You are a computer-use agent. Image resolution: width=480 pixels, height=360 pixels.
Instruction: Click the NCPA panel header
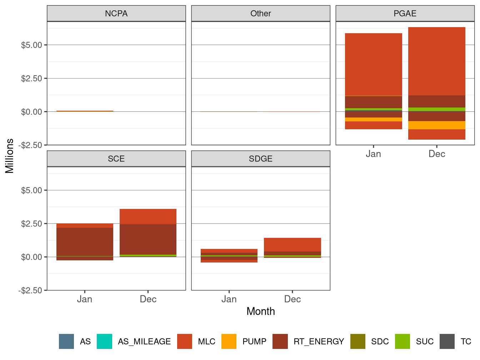[116, 14]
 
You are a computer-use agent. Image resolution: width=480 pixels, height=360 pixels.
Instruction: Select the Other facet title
[260, 14]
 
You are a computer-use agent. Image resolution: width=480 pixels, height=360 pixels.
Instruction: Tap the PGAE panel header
[405, 14]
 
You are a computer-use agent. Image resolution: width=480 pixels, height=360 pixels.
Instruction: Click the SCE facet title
[116, 159]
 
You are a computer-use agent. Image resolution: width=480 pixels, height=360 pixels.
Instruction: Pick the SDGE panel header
[260, 159]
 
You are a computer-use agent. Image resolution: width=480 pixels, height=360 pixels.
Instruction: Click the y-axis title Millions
[10, 156]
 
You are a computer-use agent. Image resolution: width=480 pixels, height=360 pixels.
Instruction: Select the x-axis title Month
[260, 311]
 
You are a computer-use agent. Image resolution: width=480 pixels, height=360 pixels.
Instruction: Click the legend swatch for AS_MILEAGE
[104, 341]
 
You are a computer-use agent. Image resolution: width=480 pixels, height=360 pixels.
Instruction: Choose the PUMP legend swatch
[229, 341]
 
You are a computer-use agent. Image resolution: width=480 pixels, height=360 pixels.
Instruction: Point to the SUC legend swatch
[402, 341]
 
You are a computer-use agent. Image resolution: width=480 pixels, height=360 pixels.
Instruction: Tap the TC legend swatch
[447, 341]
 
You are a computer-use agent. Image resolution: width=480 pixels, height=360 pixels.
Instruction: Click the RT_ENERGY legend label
[319, 341]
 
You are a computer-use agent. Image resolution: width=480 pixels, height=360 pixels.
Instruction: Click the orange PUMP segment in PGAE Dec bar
[436, 125]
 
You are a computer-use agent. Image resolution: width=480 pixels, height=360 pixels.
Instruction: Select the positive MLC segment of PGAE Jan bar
[373, 64]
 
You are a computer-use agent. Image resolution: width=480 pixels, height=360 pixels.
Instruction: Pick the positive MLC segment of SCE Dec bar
[148, 216]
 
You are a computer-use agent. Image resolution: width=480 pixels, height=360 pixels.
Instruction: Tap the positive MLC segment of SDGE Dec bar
[292, 245]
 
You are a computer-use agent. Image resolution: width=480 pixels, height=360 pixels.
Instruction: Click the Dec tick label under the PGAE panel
[436, 154]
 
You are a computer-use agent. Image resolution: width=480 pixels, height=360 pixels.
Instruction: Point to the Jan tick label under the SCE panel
[85, 299]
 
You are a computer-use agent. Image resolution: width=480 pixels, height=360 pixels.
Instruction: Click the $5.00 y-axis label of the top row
[32, 45]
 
